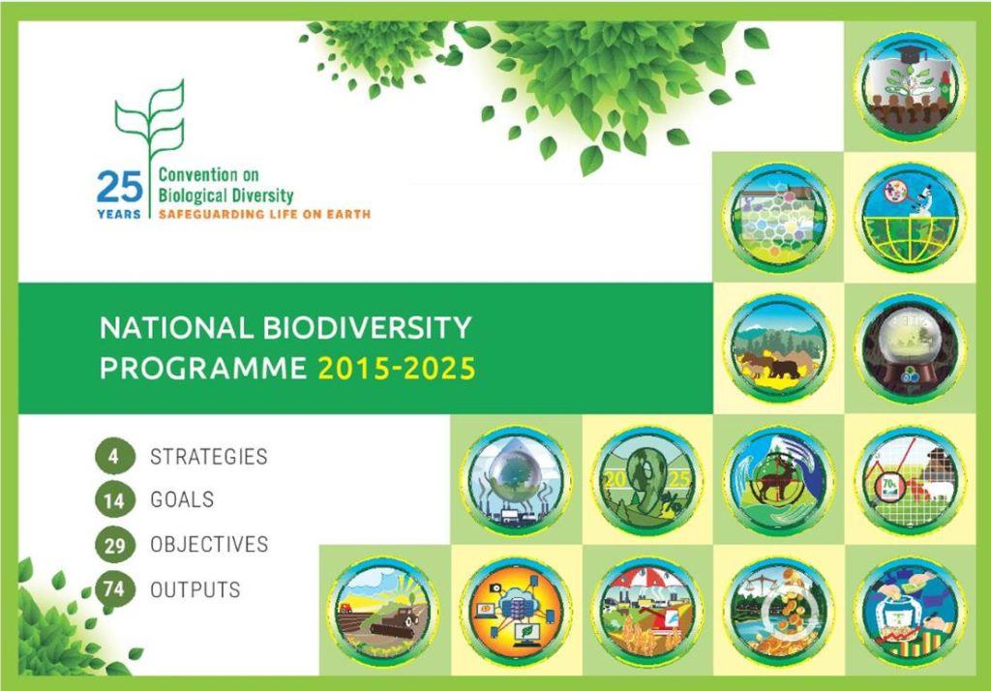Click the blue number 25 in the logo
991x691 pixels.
(120, 187)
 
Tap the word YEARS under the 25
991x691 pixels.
(119, 214)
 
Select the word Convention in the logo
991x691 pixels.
(189, 175)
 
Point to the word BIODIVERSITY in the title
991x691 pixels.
(367, 327)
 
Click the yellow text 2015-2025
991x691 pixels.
(396, 369)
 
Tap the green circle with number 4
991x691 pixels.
(114, 456)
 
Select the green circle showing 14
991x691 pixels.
(114, 500)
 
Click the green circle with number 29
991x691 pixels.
(114, 544)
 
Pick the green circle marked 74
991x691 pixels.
(114, 589)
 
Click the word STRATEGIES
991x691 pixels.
(209, 457)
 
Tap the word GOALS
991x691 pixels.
(182, 500)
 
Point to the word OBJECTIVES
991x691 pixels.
(209, 544)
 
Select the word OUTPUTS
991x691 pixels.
(195, 589)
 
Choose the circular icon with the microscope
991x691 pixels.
(910, 217)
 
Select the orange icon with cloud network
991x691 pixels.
(516, 612)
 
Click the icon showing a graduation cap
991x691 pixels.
(910, 86)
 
